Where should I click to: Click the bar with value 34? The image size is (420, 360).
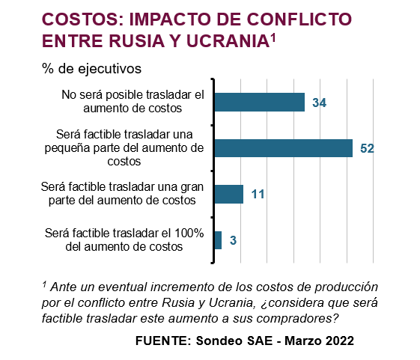260,102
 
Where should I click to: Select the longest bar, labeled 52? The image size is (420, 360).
284,148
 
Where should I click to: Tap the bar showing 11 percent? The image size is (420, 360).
229,194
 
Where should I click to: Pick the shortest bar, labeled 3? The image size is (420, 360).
218,240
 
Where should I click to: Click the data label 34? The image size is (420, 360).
319,103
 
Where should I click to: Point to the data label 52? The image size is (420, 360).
367,148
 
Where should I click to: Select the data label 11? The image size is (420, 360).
258,194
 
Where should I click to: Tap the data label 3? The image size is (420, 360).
233,240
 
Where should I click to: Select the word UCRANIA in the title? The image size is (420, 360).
228,41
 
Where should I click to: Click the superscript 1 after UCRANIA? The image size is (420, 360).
273,38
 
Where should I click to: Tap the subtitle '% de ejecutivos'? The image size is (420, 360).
91,69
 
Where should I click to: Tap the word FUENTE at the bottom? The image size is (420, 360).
163,341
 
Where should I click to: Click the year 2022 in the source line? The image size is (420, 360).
340,341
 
